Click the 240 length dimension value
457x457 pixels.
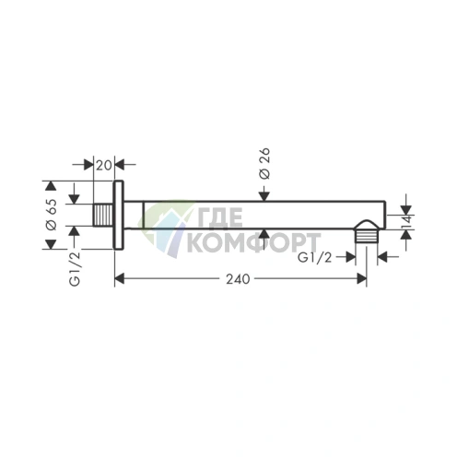tap(238, 279)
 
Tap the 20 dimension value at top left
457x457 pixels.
tap(104, 165)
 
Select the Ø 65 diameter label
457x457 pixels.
tap(51, 215)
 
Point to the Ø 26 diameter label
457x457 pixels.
tap(264, 163)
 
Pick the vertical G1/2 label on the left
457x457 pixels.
tap(75, 269)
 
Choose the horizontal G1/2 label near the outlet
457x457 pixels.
tap(315, 257)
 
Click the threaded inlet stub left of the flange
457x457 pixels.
tap(103, 215)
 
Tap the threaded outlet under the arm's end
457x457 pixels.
tap(367, 231)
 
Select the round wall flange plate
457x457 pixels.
tap(119, 215)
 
